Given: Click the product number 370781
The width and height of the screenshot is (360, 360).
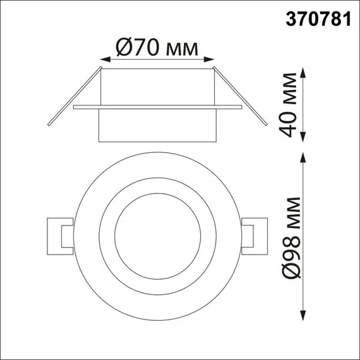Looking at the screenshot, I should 319,20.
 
